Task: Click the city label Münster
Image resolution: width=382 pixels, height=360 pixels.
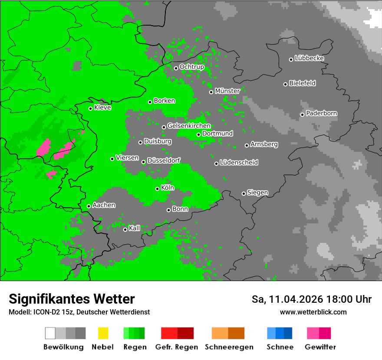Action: click(x=227, y=91)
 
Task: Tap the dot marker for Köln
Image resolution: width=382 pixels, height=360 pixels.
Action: click(x=157, y=189)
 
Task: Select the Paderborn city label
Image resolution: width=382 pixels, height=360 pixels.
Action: click(x=321, y=114)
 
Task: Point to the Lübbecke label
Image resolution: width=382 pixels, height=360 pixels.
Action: click(x=309, y=58)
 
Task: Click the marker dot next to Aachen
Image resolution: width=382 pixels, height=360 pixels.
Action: click(x=89, y=206)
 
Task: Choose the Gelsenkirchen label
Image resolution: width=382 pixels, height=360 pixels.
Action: click(x=189, y=126)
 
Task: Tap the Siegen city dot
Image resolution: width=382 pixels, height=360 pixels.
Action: click(x=244, y=193)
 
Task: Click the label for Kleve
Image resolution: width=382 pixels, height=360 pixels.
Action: click(x=102, y=108)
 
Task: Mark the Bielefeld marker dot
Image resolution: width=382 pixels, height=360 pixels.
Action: click(x=285, y=84)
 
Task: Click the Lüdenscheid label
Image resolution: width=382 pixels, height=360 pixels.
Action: click(x=239, y=163)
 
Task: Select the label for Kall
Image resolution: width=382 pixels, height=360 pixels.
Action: click(x=135, y=228)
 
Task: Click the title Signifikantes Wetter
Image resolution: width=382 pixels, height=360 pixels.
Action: click(x=72, y=299)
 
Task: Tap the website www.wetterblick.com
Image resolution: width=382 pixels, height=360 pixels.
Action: click(x=313, y=312)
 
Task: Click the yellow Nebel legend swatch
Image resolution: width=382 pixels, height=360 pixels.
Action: click(x=103, y=333)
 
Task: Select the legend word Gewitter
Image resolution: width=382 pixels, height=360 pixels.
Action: click(x=320, y=347)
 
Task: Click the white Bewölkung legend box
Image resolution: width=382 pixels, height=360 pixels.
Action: click(x=50, y=333)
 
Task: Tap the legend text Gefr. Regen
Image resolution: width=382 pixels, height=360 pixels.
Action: click(x=177, y=347)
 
